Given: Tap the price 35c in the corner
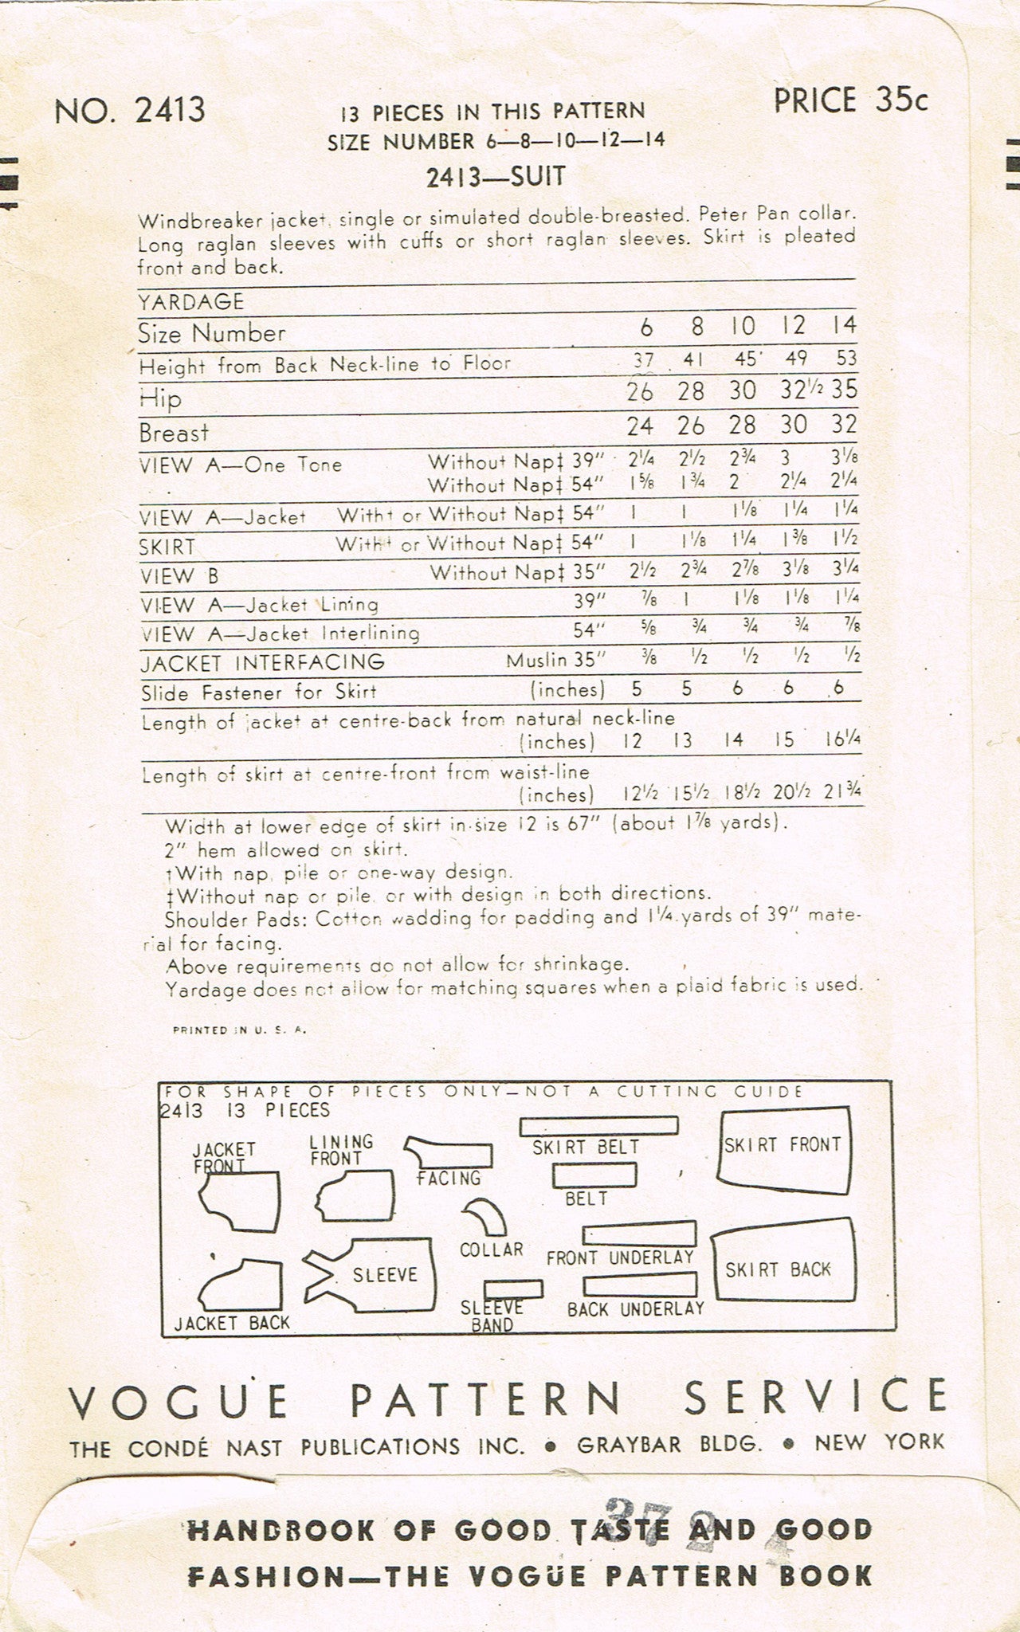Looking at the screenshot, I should [x=850, y=101].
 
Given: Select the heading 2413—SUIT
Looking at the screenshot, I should [x=496, y=178].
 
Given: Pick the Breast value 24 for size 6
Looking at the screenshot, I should [x=640, y=426].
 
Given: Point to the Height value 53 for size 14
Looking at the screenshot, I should [x=846, y=358].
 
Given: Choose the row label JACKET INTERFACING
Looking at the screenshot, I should [x=262, y=662].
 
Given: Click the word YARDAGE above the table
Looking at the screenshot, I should [x=190, y=301].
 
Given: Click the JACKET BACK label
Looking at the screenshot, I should [x=232, y=1324].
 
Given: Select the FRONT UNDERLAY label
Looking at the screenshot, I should [x=620, y=1257].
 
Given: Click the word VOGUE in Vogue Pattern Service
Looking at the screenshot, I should [x=178, y=1399].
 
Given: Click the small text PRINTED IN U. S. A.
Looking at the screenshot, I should [x=239, y=1030].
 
